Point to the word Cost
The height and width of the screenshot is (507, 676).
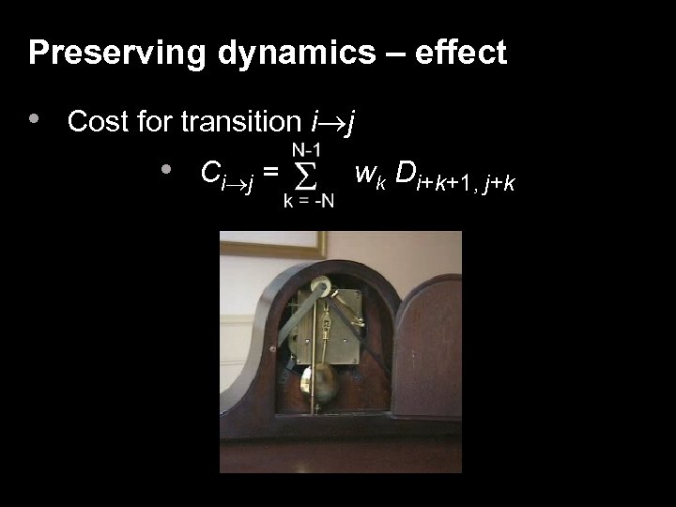[x=98, y=121]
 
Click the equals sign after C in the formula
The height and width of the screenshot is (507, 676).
[x=269, y=173]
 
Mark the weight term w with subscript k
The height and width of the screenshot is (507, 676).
[x=369, y=173]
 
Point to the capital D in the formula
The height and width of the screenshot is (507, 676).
[x=406, y=172]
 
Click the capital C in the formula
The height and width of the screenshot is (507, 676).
[x=210, y=172]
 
